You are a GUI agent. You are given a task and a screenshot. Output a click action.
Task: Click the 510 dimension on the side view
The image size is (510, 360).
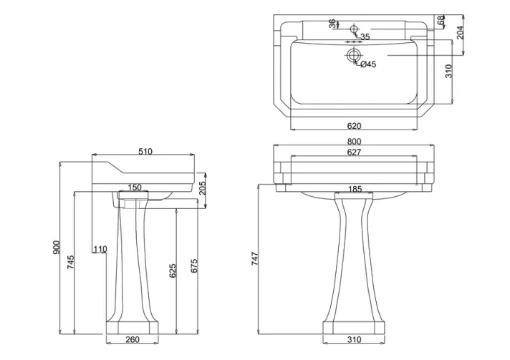point(145,151)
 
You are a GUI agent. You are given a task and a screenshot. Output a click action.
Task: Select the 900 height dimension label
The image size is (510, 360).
point(57,248)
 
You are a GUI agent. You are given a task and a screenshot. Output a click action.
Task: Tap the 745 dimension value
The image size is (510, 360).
point(70,262)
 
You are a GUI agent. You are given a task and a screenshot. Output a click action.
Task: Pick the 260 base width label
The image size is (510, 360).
point(132,340)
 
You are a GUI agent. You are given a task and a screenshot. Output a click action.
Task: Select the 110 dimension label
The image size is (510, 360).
point(100,249)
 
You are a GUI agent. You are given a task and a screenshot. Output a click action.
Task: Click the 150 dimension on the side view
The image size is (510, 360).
point(135,188)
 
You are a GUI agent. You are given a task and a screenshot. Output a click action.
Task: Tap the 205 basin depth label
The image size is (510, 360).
point(203,187)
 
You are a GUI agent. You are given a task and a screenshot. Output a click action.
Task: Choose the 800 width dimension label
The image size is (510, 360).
point(353,142)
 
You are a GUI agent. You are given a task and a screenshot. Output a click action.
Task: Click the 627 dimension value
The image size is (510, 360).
point(353,152)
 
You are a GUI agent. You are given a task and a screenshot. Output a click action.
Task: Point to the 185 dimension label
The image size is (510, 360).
point(354,190)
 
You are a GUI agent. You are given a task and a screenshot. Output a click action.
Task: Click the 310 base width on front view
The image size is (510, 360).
point(355,340)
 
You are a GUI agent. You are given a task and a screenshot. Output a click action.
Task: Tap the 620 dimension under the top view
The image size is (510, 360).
point(353,126)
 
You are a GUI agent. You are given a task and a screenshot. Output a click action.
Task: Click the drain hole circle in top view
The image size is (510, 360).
point(352,54)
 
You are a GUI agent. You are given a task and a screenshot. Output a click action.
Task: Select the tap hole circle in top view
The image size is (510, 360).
point(354,29)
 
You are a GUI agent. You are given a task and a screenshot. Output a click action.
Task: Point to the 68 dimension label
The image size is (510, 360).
point(440,21)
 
